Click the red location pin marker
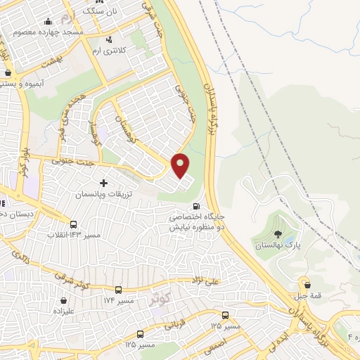tap(181, 165)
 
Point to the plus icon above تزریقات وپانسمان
tap(104, 183)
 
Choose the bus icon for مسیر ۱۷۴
tap(117, 290)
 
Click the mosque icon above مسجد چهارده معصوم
tap(48, 22)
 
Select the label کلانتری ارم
tap(109, 51)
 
